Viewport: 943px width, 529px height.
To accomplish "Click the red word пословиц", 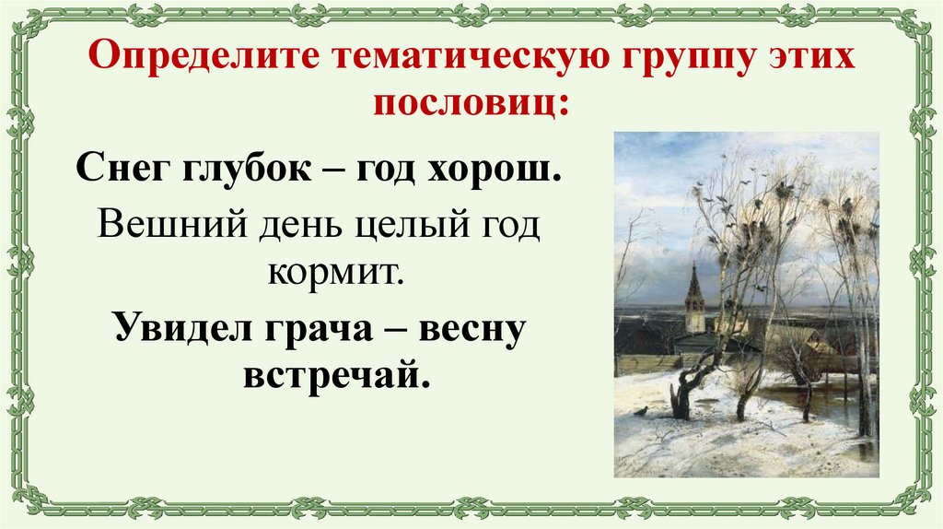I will point(470,100).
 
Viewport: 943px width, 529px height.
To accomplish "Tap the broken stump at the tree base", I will point(681,401).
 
